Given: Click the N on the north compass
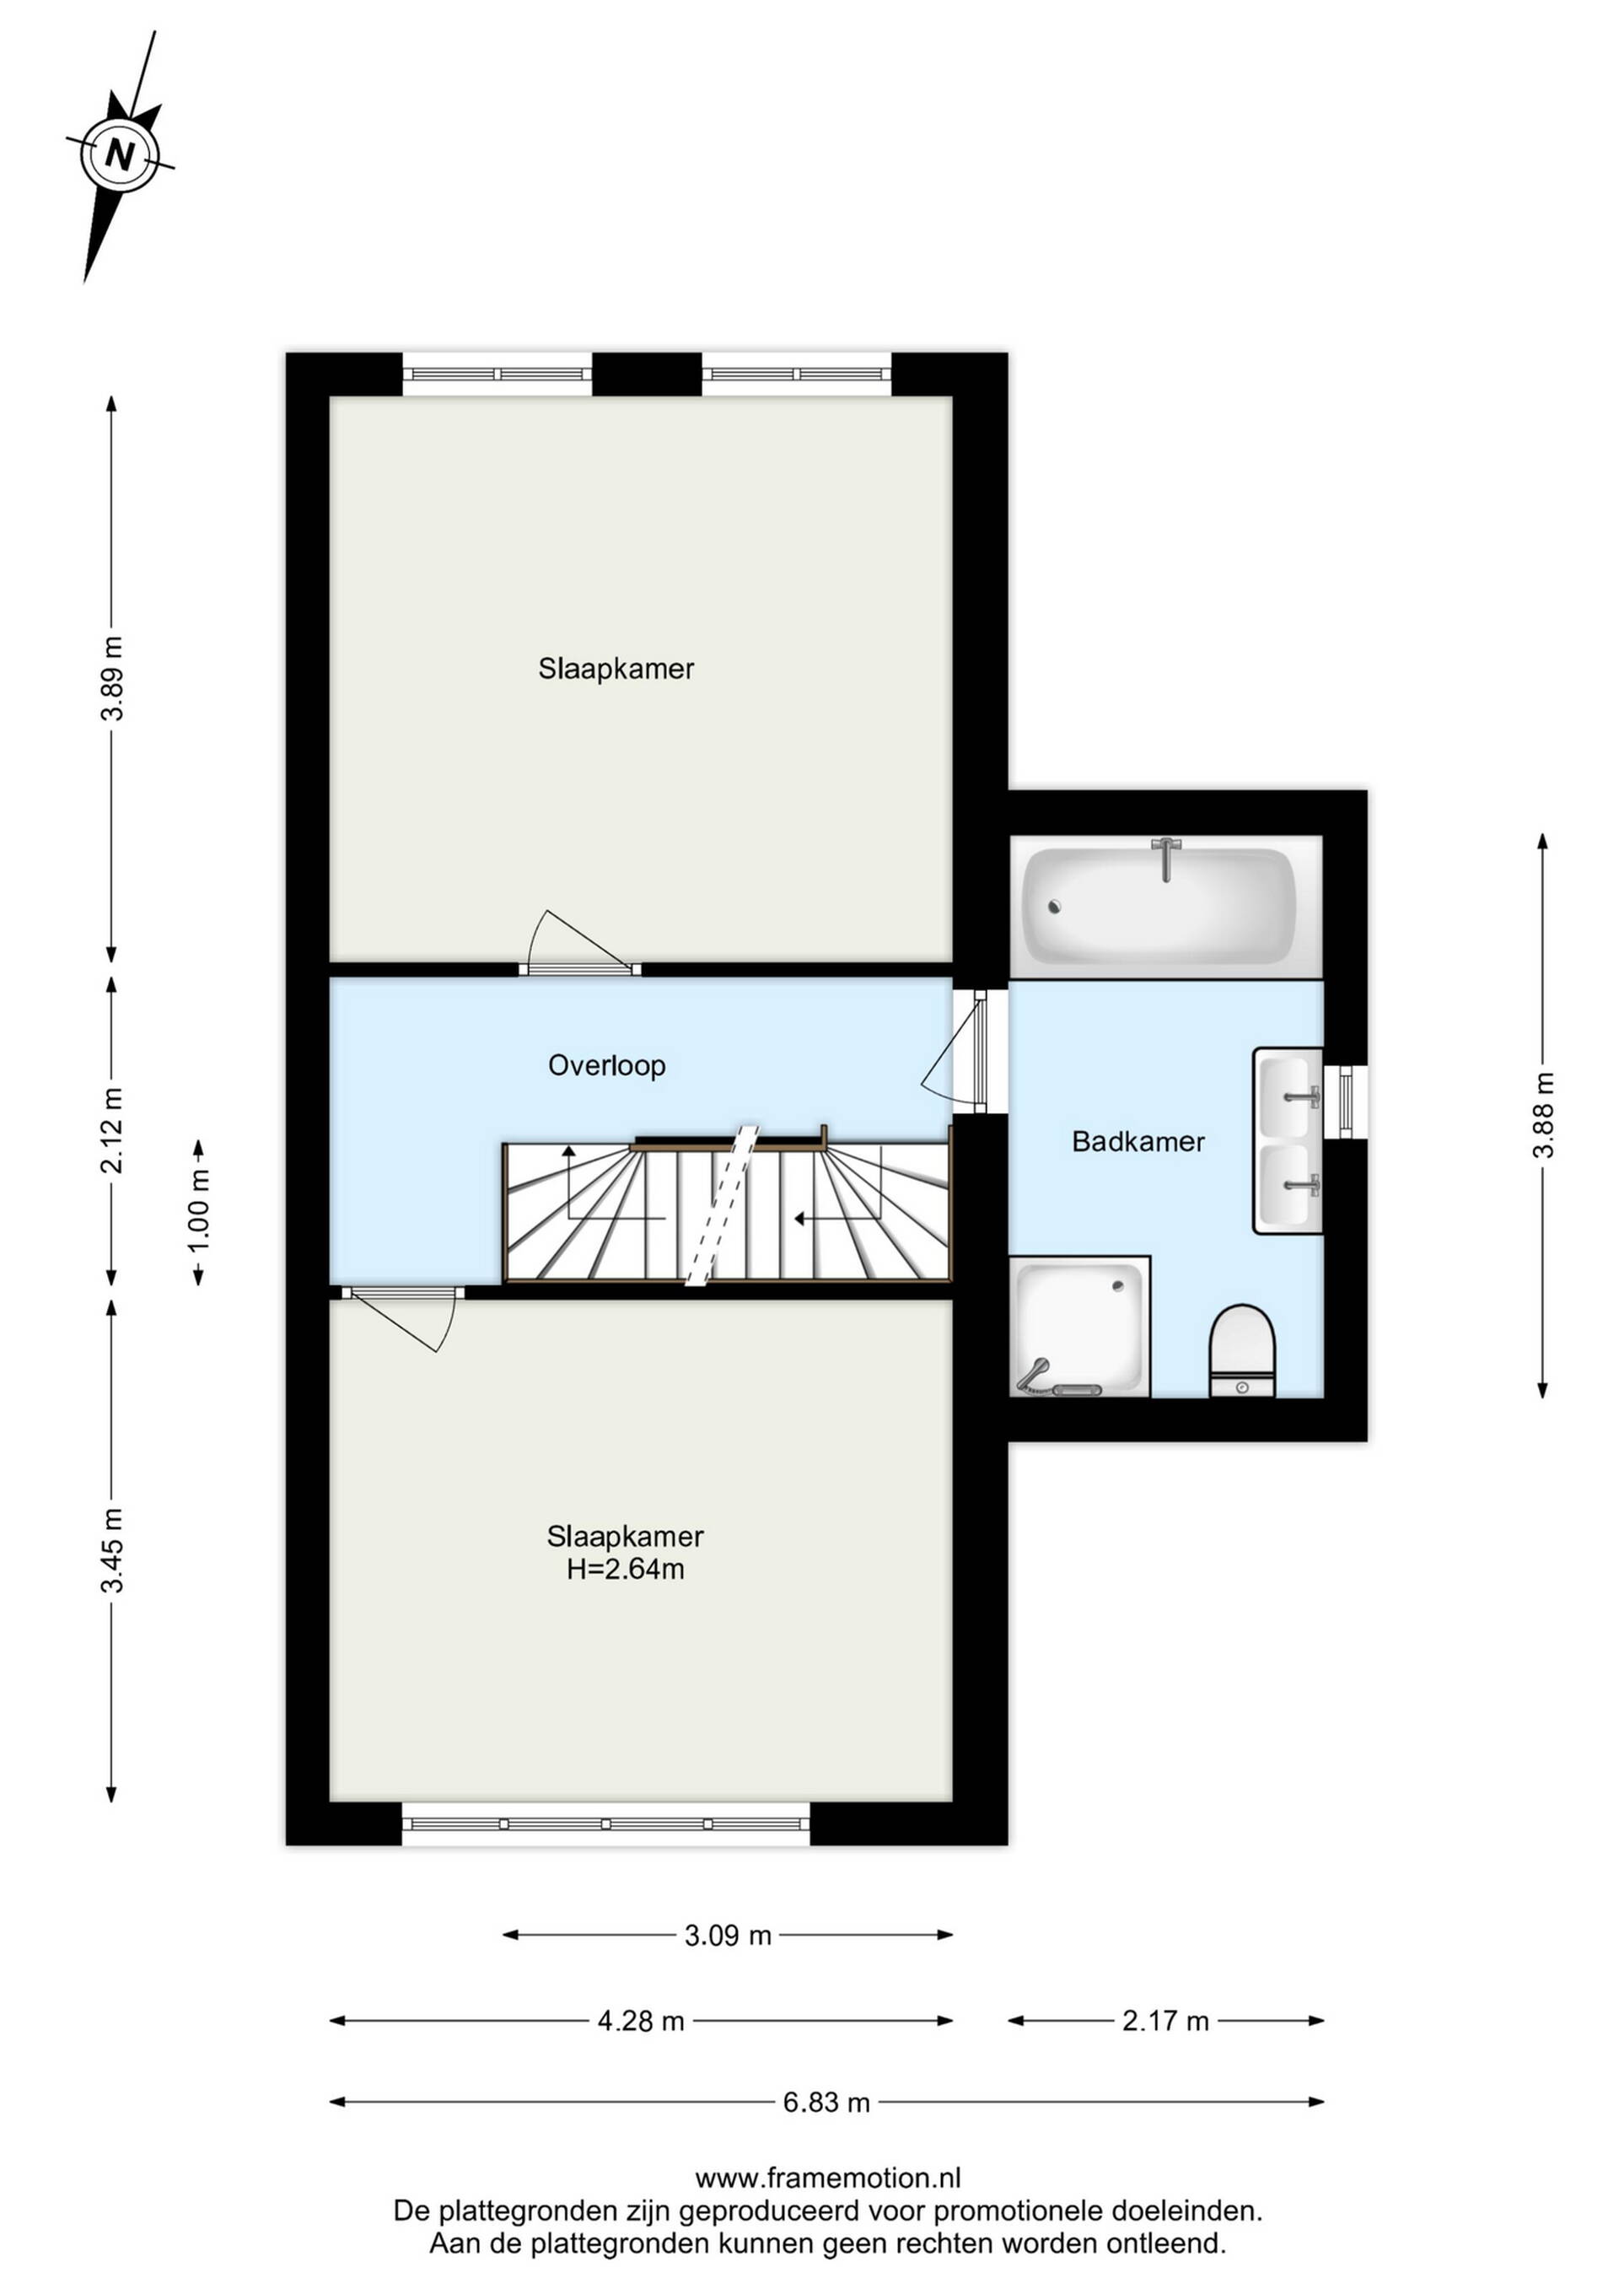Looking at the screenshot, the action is [x=121, y=154].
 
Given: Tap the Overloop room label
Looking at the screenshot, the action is [x=606, y=1066].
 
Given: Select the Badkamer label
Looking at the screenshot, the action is [x=1138, y=1141].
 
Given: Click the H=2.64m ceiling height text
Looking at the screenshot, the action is [x=625, y=1570].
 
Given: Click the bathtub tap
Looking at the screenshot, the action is [x=1164, y=859].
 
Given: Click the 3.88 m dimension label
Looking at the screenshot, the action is [x=1543, y=1115].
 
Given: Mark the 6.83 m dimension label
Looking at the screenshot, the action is [x=826, y=2103].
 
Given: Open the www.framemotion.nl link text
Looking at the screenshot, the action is [x=827, y=2179].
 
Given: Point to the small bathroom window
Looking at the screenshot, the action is [x=1346, y=1101].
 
